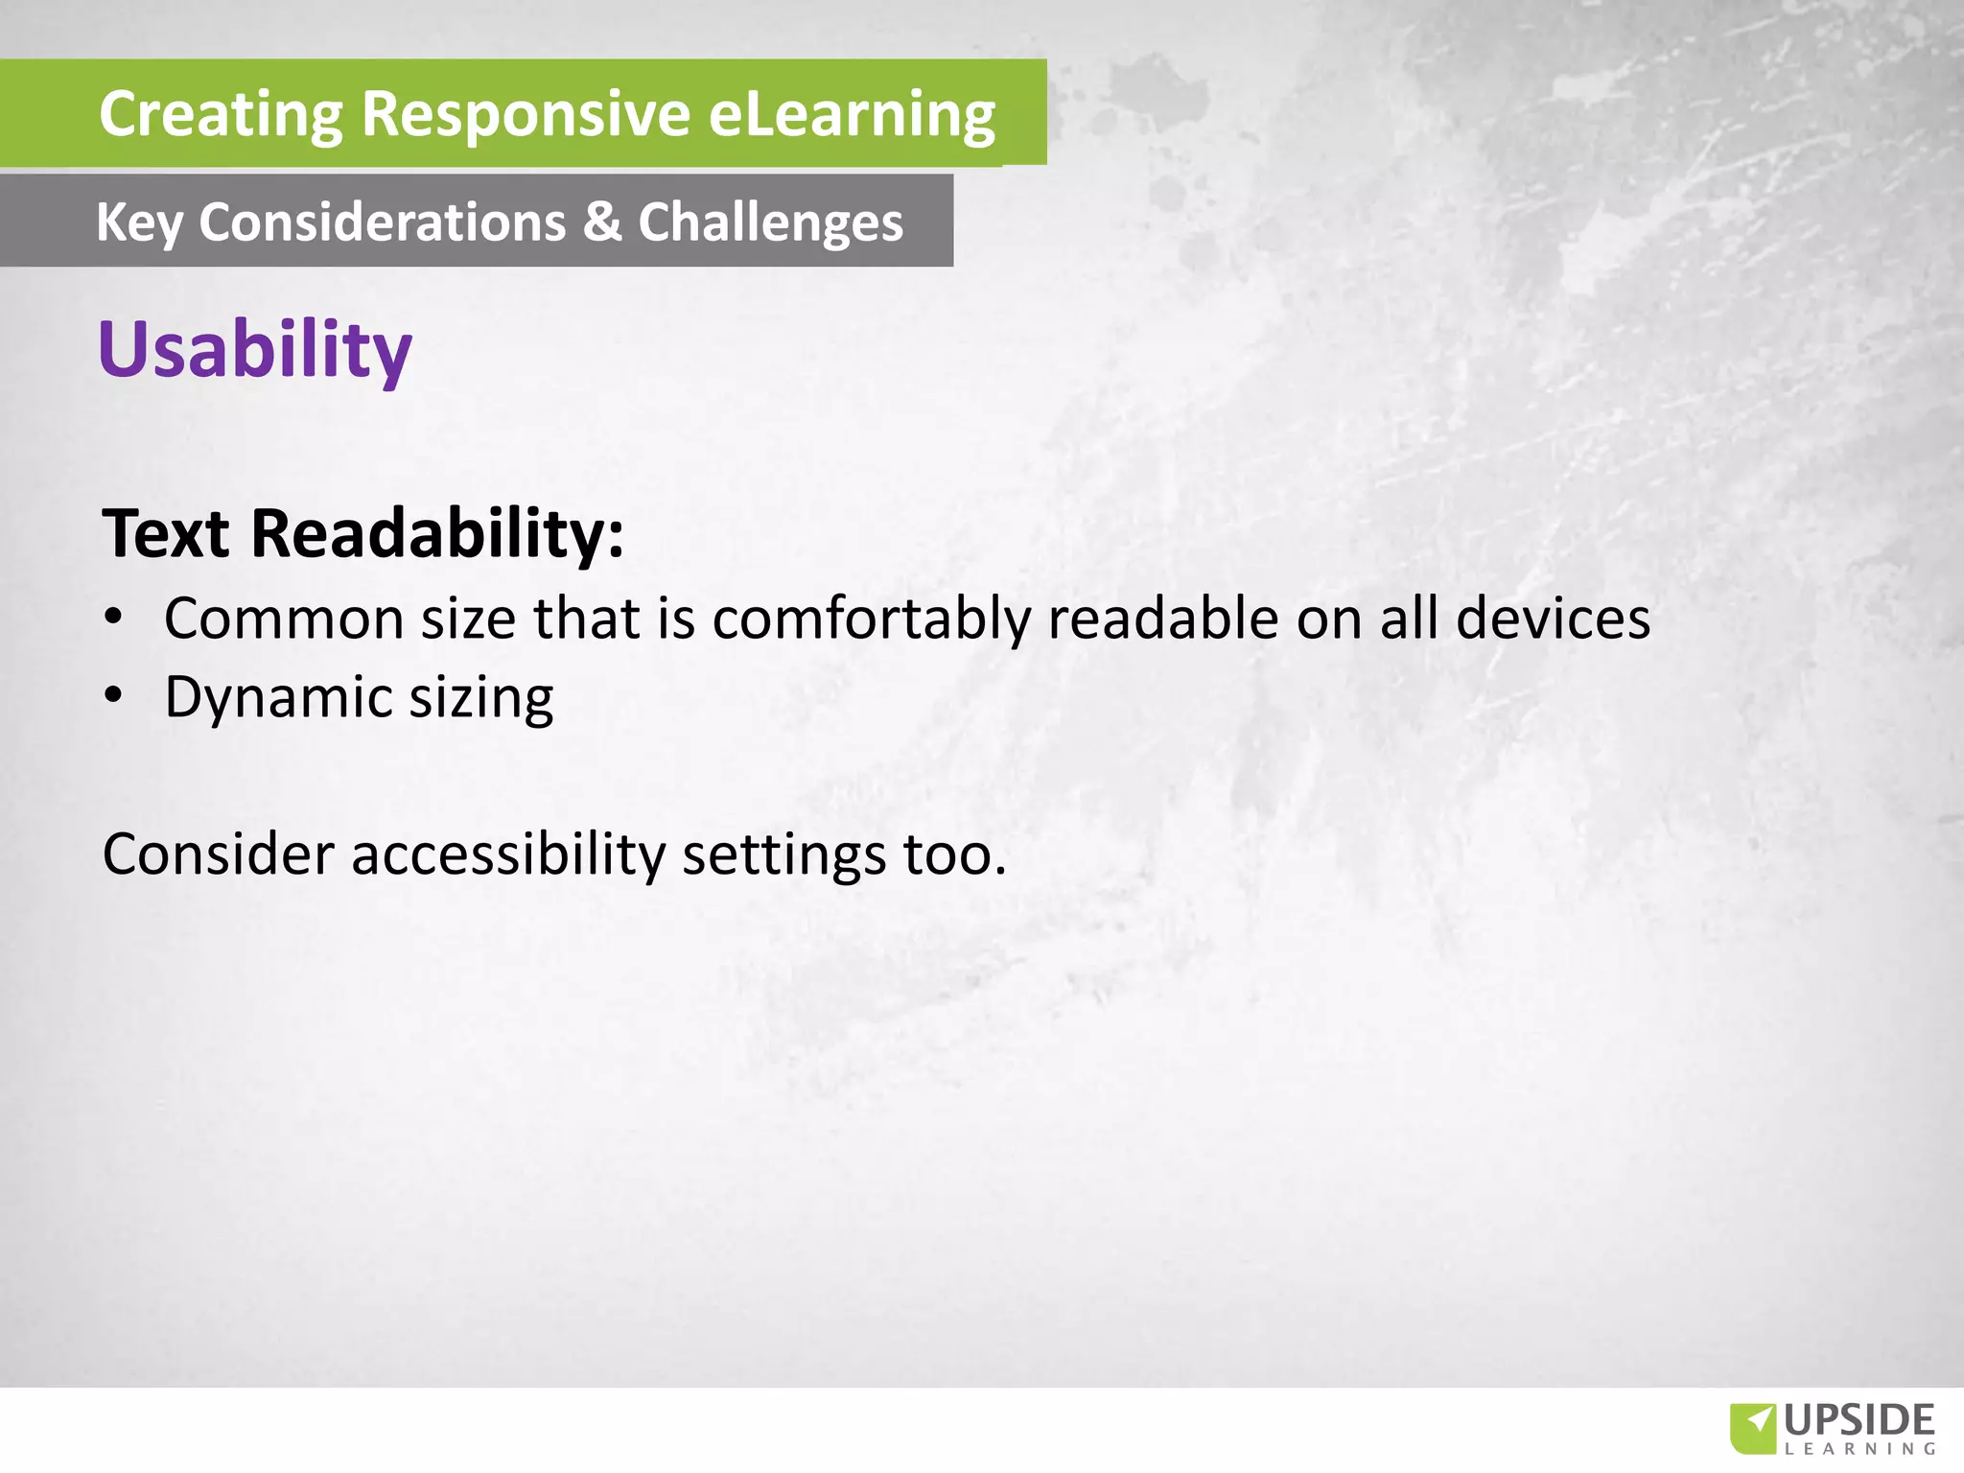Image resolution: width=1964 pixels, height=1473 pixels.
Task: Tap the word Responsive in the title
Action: click(526, 114)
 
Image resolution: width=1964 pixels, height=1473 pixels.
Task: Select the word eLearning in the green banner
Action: click(852, 114)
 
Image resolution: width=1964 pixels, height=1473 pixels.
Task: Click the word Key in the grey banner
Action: click(138, 222)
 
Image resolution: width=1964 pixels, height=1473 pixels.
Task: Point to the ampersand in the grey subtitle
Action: click(602, 222)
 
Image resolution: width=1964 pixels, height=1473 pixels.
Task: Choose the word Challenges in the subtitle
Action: click(770, 222)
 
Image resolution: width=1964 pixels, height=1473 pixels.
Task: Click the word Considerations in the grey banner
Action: click(383, 222)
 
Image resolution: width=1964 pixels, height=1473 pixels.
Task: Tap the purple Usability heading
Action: click(255, 349)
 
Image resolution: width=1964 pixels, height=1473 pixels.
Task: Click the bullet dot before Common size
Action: click(114, 619)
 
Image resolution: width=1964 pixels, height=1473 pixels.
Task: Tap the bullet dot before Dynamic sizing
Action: click(114, 696)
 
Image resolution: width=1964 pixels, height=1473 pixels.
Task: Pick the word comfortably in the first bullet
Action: click(871, 619)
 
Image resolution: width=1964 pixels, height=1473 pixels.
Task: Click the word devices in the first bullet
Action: click(1553, 619)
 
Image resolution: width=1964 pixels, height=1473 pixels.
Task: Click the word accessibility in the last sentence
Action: click(507, 853)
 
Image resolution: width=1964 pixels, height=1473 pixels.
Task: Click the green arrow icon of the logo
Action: click(1753, 1427)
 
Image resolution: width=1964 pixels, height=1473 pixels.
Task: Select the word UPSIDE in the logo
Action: click(1859, 1420)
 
